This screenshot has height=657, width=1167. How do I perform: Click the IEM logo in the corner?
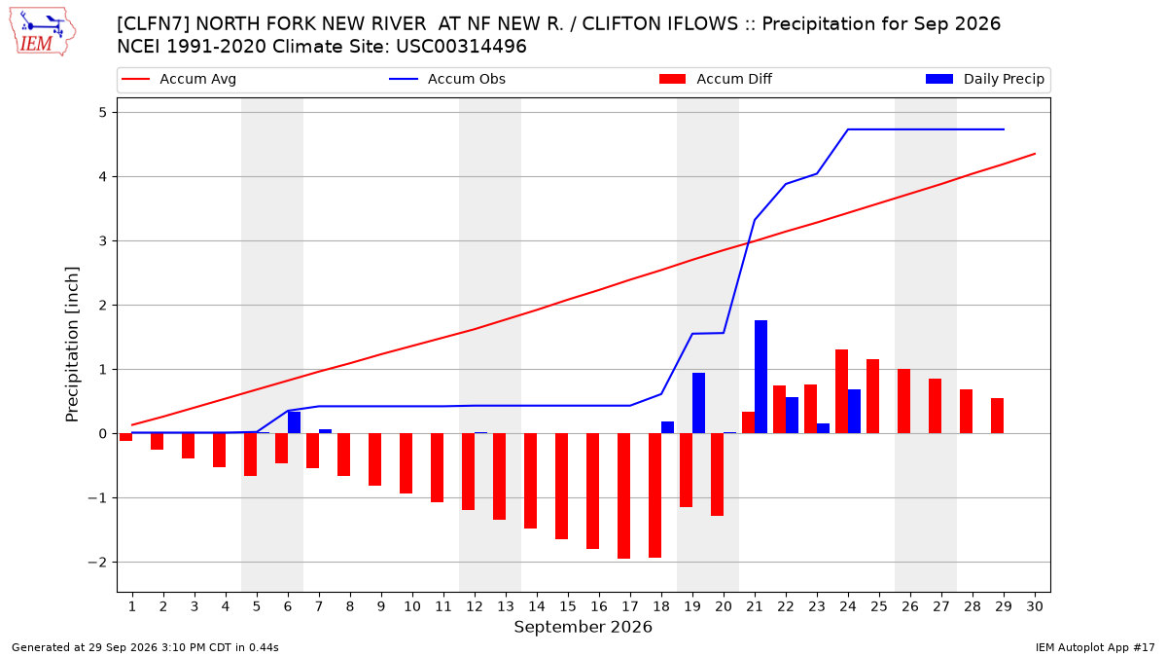(42, 31)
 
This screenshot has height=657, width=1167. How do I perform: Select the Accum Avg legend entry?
(179, 79)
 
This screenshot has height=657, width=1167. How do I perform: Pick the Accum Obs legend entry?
(447, 79)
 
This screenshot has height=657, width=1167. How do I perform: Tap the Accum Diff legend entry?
(716, 79)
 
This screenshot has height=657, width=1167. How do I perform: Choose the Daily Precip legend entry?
(984, 79)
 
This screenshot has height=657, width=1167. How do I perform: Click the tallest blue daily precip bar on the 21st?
(760, 377)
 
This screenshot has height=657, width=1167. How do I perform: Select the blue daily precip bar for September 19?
(698, 403)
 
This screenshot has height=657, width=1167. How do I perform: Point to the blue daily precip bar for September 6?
(294, 422)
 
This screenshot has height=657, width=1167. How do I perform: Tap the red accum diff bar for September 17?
(623, 495)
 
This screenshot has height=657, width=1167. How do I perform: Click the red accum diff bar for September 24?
(841, 391)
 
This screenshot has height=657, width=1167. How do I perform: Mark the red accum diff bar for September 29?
(997, 417)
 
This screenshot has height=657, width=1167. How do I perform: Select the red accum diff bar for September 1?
(125, 437)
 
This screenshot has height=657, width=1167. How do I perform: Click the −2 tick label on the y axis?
(97, 563)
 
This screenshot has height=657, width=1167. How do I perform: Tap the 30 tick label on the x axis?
(1035, 606)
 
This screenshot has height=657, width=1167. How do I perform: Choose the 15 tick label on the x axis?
(568, 606)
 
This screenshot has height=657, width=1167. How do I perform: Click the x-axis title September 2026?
(583, 627)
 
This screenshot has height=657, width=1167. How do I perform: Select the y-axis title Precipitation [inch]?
(71, 345)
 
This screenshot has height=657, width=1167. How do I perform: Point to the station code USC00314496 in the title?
(461, 47)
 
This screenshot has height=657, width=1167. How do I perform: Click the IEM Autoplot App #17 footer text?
(1095, 647)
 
